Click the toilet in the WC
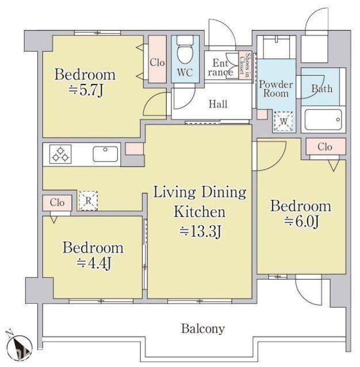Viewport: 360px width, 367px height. (x=185, y=51)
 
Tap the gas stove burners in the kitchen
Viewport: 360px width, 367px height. (x=60, y=154)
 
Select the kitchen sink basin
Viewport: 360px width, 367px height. (x=105, y=154)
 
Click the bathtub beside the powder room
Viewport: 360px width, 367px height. (x=323, y=119)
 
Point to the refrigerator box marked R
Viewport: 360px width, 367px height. (x=88, y=201)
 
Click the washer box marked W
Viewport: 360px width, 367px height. (x=284, y=122)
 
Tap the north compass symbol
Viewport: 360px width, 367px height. (x=18, y=346)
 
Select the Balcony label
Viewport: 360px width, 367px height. (x=203, y=329)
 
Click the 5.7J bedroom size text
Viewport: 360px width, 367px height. (x=86, y=91)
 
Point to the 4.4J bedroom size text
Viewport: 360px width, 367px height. (x=94, y=264)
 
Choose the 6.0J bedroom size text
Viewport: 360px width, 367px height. (x=302, y=222)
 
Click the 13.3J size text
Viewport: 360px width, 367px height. (x=200, y=231)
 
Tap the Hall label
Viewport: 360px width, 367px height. (x=218, y=104)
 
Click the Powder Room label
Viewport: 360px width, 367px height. (x=276, y=89)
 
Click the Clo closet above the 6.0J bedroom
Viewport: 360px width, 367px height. (x=325, y=147)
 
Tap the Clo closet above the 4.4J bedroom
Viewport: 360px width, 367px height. (x=57, y=203)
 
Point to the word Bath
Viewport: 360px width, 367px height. (x=322, y=88)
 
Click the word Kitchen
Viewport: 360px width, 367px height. (x=200, y=212)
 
